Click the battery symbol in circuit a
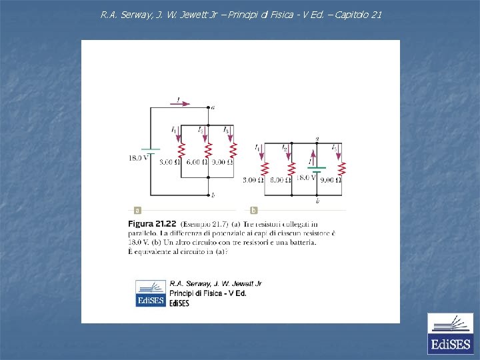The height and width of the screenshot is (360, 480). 151,151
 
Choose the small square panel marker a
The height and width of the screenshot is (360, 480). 137,210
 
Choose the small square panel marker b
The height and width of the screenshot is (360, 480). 254,210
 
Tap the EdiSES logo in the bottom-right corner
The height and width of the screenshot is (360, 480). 449,333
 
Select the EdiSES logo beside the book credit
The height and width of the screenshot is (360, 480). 150,293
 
